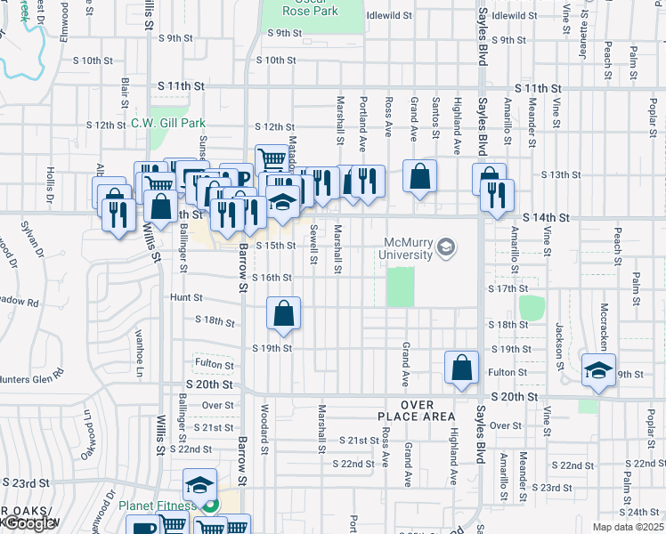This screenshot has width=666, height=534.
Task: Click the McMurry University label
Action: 411,248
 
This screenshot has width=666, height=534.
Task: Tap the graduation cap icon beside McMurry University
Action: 447,247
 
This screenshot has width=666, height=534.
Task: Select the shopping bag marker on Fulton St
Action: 461,368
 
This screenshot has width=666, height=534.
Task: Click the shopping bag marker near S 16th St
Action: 283,313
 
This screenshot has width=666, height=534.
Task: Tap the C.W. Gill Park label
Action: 168,124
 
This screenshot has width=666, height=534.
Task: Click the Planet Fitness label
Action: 157,506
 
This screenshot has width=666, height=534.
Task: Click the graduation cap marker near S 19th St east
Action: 598,370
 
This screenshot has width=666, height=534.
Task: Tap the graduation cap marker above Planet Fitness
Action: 199,485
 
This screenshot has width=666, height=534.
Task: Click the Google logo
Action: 28,523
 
